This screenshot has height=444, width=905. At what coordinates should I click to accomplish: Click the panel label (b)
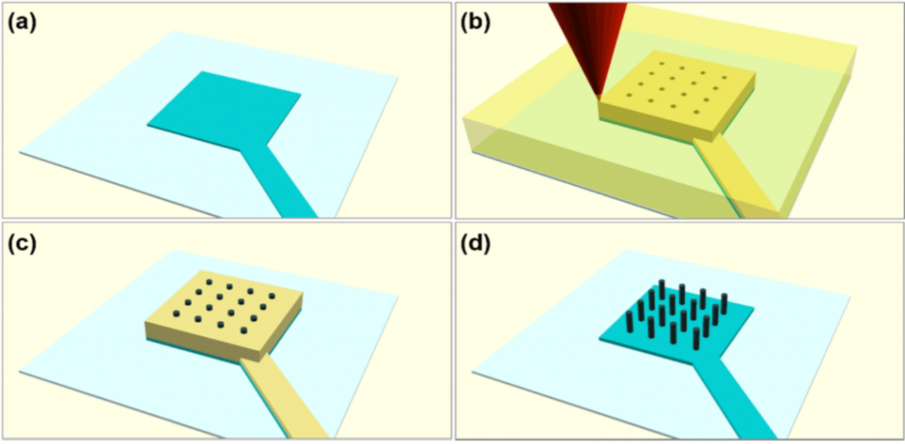(474, 23)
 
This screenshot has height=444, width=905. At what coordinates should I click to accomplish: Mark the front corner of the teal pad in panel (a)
(240, 150)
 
